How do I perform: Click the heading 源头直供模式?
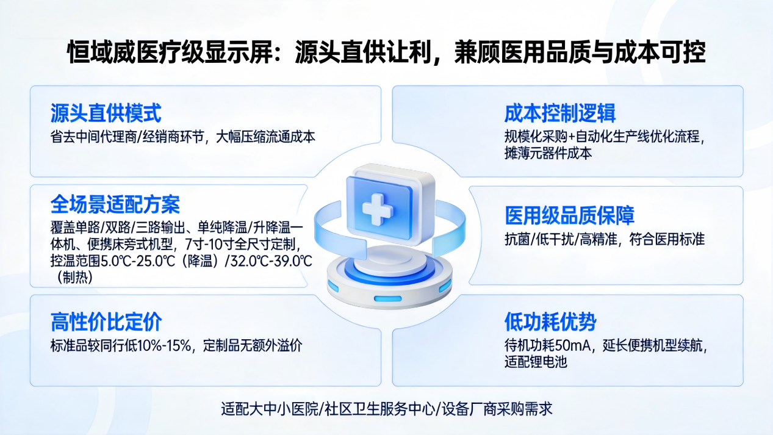[106, 113]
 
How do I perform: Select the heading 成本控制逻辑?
[559, 113]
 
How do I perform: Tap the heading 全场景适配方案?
[115, 204]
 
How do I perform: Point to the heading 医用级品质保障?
[569, 215]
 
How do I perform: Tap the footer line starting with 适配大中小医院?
[386, 408]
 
